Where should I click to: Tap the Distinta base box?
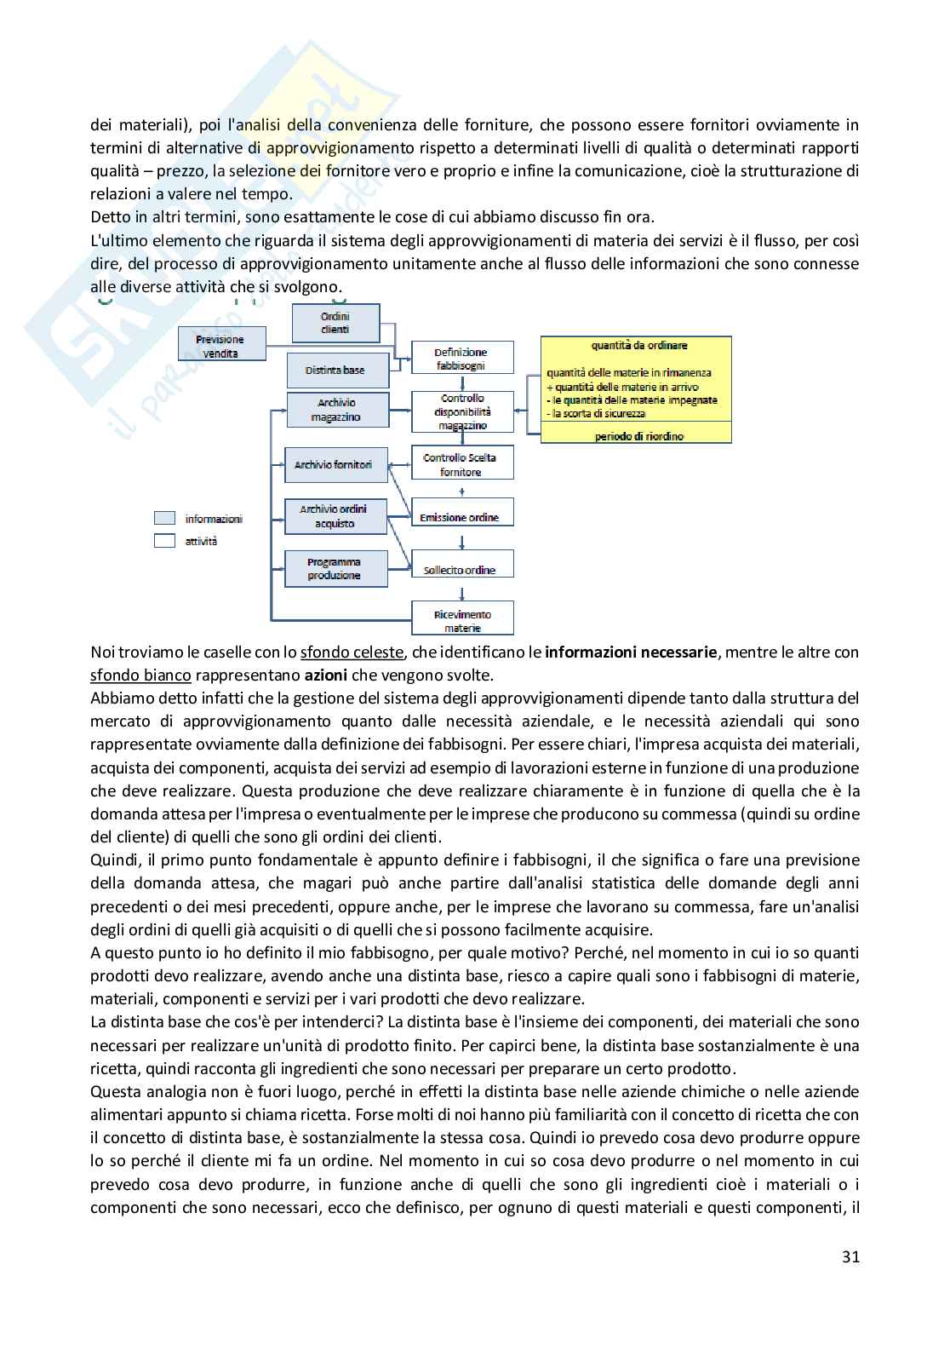pos(335,371)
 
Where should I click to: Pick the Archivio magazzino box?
pos(337,410)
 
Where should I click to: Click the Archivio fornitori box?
pos(334,465)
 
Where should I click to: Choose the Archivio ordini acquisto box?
pos(335,516)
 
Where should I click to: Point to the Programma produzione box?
pos(335,569)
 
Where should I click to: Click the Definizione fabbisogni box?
pos(461,358)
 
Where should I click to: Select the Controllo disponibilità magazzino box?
pos(463,411)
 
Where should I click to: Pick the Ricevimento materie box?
pos(462,620)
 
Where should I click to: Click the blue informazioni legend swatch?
pos(165,518)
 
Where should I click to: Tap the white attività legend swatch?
pos(165,540)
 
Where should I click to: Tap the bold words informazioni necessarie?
pos(631,652)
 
